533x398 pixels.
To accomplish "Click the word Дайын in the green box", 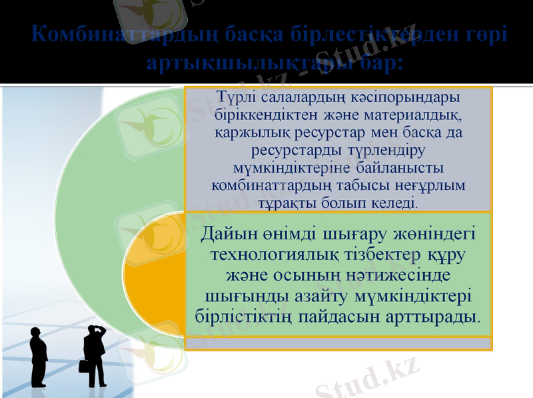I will (x=229, y=235).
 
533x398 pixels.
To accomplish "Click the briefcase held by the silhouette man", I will (x=84, y=366).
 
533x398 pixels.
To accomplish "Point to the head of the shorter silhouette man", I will (x=37, y=331).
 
